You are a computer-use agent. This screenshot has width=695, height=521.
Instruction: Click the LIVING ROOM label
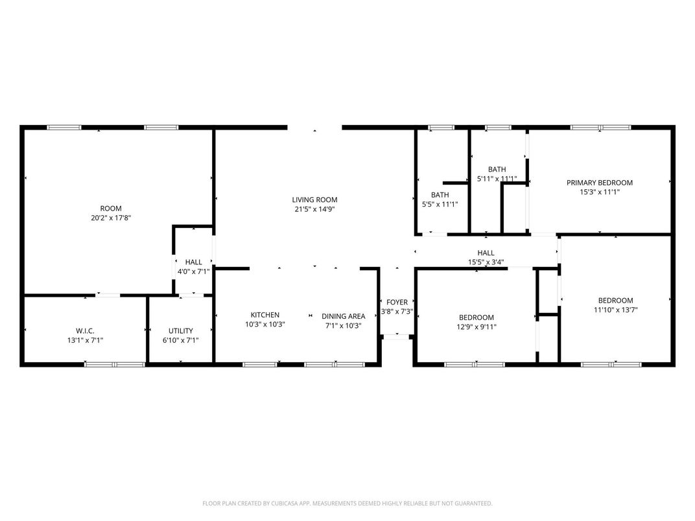click(x=314, y=200)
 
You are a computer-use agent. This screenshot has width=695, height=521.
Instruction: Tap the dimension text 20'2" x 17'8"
click(x=106, y=218)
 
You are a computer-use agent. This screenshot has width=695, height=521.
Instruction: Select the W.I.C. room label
click(x=85, y=330)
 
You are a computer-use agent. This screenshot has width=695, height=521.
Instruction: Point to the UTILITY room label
click(x=181, y=330)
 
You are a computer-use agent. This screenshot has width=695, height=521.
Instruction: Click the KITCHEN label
click(x=265, y=315)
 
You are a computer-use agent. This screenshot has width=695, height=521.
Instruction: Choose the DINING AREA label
click(x=344, y=316)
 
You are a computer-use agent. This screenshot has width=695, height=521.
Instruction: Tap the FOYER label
click(x=397, y=302)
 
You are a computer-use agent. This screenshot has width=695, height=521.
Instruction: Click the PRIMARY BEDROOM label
click(x=600, y=183)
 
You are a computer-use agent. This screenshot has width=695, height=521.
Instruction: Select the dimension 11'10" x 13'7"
click(x=615, y=310)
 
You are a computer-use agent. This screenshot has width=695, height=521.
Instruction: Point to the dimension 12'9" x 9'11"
click(x=477, y=327)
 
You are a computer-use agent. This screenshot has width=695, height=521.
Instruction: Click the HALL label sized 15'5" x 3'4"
click(x=486, y=253)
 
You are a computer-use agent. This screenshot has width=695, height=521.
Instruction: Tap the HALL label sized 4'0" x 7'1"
click(x=193, y=262)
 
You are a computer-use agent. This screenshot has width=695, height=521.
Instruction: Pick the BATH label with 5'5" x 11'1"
click(x=440, y=194)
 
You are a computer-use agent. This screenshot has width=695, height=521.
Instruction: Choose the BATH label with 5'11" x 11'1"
click(x=497, y=169)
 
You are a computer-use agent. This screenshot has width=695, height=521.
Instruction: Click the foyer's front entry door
click(x=396, y=336)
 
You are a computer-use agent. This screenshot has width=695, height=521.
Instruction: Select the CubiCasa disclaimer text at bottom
click(x=347, y=503)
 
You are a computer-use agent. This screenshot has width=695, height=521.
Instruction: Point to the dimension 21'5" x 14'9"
click(x=314, y=209)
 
